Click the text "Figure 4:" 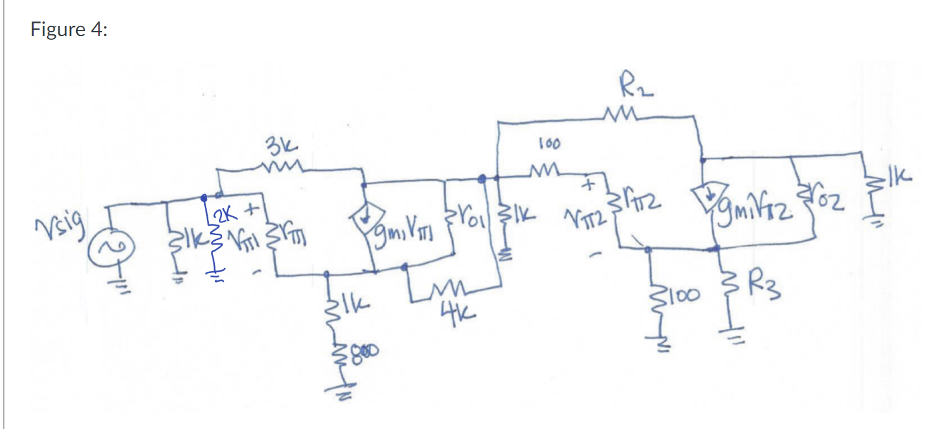tap(69, 30)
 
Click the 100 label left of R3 tap(682, 295)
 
